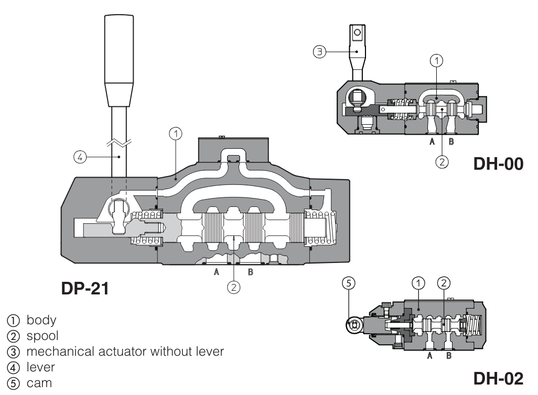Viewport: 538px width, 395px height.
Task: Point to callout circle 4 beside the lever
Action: pyautogui.click(x=79, y=156)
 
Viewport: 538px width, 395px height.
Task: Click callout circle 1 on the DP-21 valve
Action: pyautogui.click(x=176, y=134)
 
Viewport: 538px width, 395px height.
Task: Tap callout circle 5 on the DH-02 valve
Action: pyautogui.click(x=350, y=283)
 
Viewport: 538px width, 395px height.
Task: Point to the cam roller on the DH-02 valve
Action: pyautogui.click(x=354, y=325)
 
